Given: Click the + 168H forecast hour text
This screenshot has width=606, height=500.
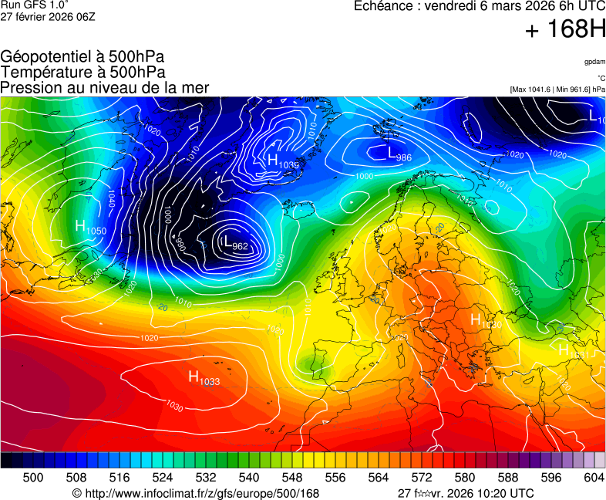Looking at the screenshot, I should tap(565, 30).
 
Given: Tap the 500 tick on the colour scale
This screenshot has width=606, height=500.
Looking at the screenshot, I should tap(33, 478).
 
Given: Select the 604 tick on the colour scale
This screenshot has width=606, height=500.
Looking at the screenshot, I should tap(594, 478).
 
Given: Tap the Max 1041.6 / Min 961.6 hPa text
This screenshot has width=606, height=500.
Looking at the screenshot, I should tap(557, 90).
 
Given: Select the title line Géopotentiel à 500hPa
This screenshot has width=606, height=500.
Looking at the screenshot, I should tap(82, 57).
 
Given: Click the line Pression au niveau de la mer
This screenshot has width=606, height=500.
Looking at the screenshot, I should tap(105, 87).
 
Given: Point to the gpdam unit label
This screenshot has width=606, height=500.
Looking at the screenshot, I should tap(594, 61).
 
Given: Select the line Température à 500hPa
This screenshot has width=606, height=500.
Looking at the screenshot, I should tap(82, 72).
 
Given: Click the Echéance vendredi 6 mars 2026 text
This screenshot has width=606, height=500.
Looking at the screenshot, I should tap(479, 6).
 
